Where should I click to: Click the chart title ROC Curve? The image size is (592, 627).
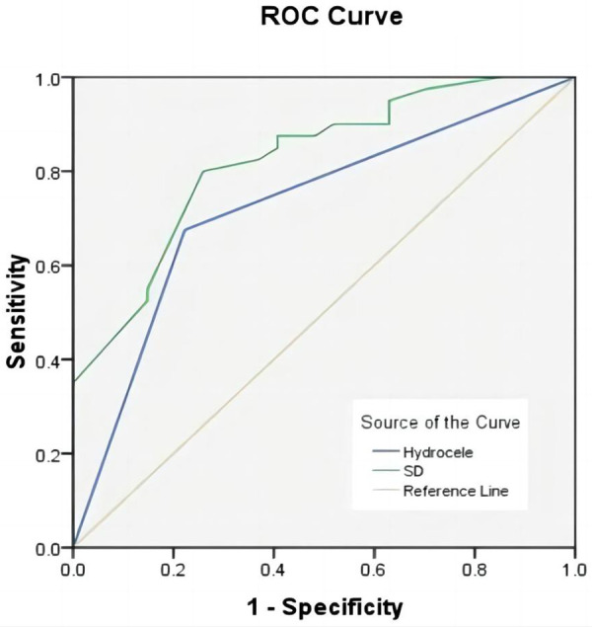[332, 17]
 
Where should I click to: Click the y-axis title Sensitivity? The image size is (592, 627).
[17, 311]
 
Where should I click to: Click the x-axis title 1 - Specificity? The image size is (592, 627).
[326, 607]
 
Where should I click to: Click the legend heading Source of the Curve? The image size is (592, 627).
[440, 423]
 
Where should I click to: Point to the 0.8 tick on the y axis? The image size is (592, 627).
[47, 173]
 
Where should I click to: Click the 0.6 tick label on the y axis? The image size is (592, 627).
[47, 267]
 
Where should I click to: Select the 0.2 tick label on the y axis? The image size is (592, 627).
[47, 455]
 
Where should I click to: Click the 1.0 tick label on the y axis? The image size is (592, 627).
[47, 79]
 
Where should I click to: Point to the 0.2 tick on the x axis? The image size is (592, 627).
[173, 570]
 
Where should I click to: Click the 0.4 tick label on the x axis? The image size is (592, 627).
[273, 570]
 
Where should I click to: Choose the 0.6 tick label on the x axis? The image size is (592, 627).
[374, 570]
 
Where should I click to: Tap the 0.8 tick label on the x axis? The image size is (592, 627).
[475, 570]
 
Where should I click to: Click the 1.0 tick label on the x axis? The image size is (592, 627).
[574, 570]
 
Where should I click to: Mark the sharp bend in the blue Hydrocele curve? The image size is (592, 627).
[185, 229]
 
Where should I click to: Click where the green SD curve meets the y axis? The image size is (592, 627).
[74, 381]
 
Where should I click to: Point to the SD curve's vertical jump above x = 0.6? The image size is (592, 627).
[389, 113]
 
